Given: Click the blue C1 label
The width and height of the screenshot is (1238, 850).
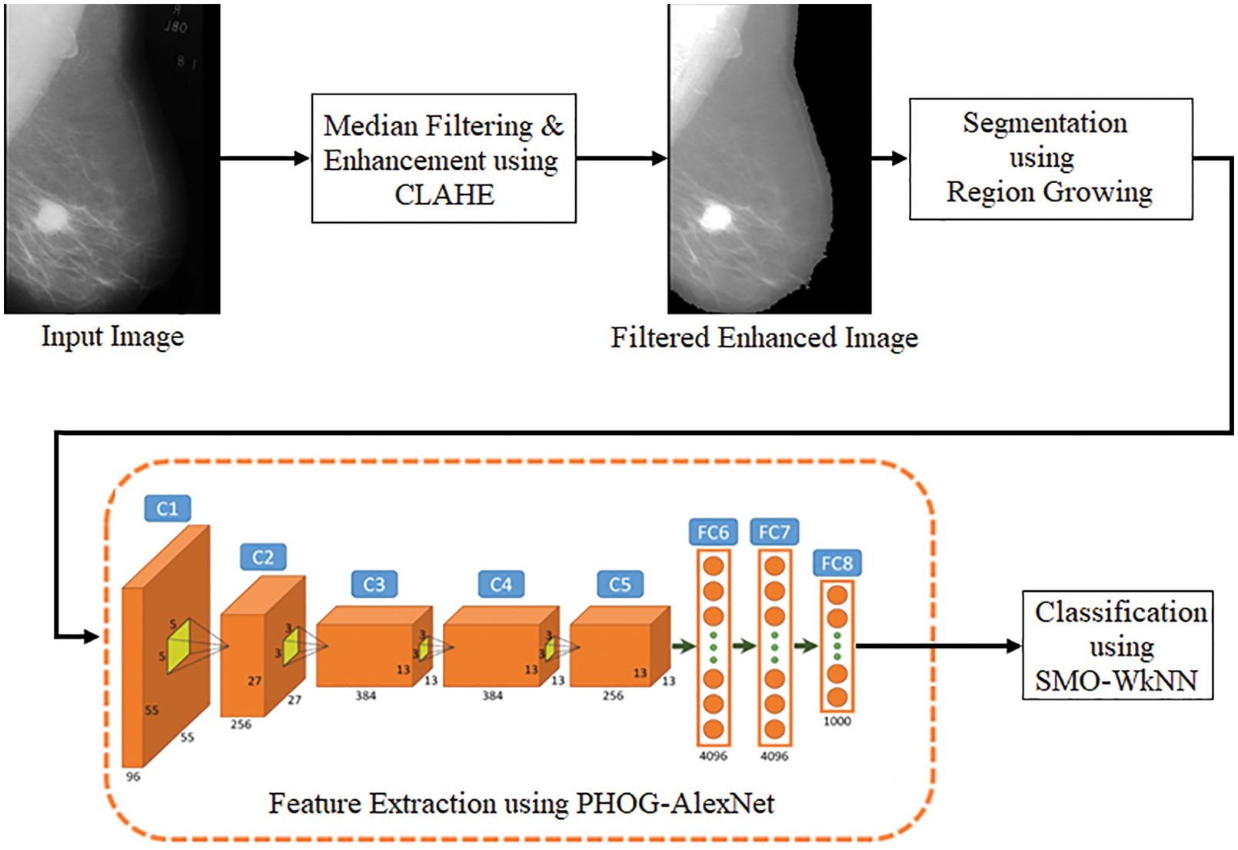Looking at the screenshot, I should pos(167,509).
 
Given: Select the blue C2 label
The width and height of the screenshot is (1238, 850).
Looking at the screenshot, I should pos(263,557).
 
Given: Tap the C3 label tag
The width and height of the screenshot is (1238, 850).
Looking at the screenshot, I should pos(374,585).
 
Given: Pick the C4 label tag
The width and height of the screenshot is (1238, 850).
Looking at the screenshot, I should pos(501,585).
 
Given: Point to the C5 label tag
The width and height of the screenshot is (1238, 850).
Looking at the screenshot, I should pos(620,585).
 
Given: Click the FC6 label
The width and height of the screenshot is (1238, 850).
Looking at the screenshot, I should pos(713,533).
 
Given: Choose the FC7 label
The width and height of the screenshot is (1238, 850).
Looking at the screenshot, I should pos(774,533).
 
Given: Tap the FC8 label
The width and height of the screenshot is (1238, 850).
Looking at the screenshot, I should pos(837,563).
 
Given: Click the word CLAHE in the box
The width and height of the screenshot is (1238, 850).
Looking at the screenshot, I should pos(444,195).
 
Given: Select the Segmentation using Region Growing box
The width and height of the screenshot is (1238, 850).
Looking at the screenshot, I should pos(1050,158).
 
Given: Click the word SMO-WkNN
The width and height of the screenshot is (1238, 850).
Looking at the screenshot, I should pos(1117,681).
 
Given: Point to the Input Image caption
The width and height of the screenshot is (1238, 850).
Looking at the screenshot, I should pos(112,337).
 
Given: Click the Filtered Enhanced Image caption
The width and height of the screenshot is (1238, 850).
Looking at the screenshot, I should pos(764,338).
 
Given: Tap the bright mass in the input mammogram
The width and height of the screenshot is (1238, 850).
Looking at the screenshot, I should pos(52,216).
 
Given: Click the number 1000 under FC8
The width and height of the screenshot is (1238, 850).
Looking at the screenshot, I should pos(837,722).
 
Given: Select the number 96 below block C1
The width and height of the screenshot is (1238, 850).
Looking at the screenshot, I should pos(133,777).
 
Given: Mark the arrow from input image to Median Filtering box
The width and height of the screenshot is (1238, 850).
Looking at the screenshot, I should pos(265,158).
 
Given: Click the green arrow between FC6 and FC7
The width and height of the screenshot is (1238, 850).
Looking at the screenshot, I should pos(744,646).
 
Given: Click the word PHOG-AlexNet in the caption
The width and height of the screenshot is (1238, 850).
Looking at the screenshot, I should pos(675,804).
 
